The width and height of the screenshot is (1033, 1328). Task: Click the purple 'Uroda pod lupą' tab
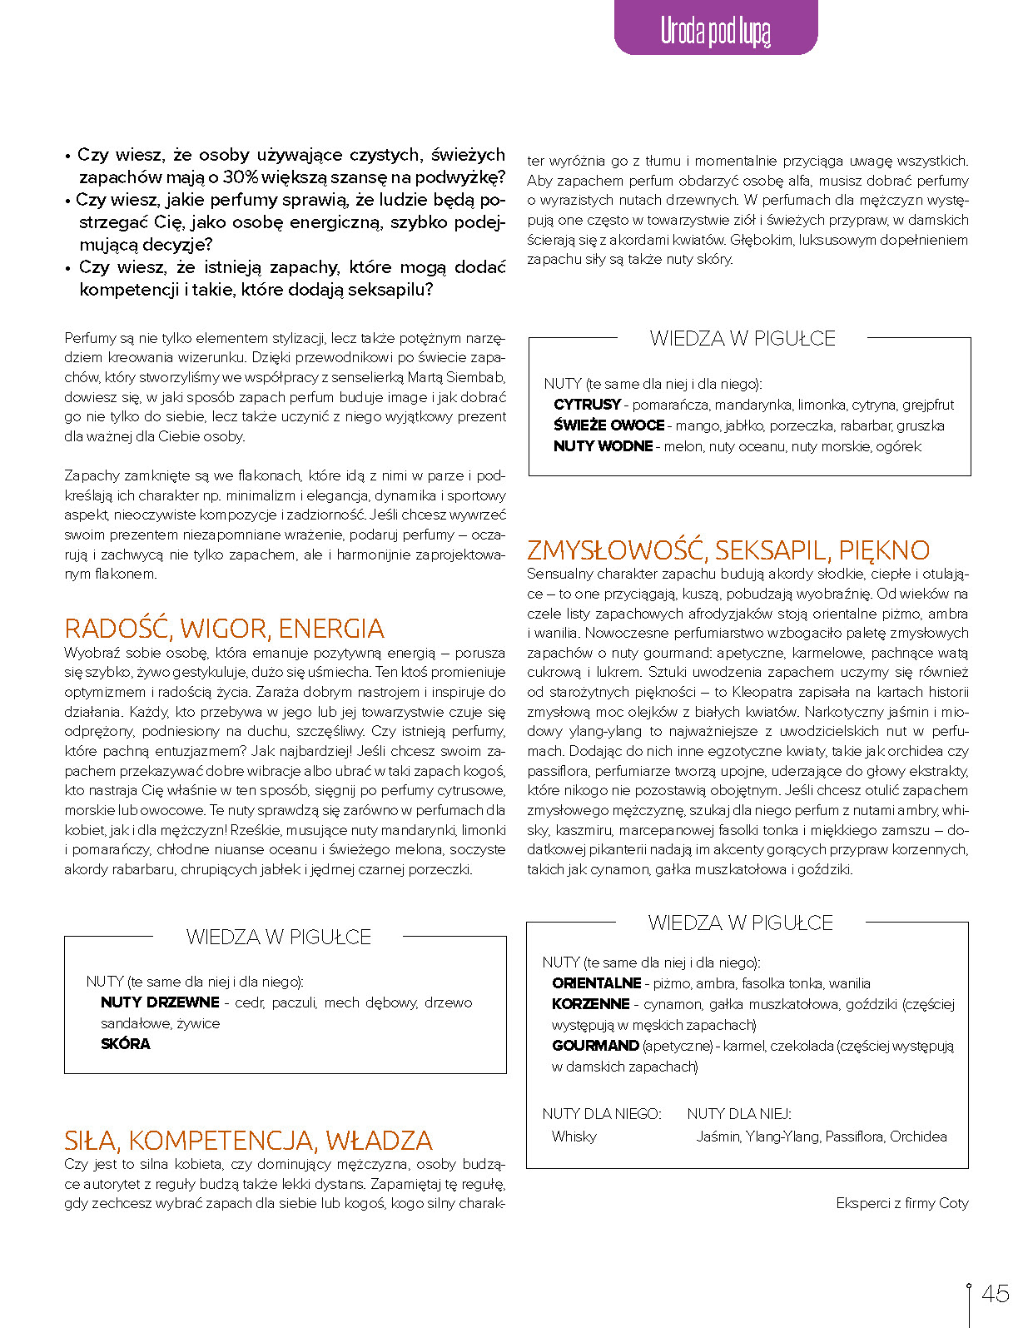click(x=715, y=30)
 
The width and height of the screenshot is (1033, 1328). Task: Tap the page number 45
click(x=996, y=1293)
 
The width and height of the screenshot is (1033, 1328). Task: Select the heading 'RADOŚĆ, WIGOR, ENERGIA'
click(x=224, y=628)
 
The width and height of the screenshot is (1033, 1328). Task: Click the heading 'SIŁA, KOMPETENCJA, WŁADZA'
click(x=248, y=1140)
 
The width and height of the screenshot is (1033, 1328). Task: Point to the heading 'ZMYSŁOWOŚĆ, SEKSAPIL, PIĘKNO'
click(x=728, y=550)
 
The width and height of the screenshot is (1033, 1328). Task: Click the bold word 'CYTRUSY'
click(x=587, y=405)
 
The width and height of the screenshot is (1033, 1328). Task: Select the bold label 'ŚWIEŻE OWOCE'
click(x=608, y=425)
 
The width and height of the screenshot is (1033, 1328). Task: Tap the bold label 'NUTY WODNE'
click(x=603, y=446)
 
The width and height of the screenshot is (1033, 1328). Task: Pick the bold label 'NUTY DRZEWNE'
click(x=160, y=1002)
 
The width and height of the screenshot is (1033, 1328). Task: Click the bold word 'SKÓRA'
click(x=126, y=1044)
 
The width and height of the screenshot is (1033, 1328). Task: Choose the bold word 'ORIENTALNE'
click(x=596, y=983)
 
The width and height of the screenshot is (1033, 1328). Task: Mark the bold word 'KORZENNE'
click(x=590, y=1004)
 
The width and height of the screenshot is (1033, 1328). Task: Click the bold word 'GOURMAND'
click(x=595, y=1046)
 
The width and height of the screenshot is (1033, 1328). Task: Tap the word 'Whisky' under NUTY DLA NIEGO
click(x=574, y=1137)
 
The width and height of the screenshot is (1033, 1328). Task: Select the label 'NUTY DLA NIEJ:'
click(x=738, y=1114)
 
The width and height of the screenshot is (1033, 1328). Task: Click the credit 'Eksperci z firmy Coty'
click(x=902, y=1203)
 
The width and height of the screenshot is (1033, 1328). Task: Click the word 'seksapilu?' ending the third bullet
click(x=390, y=290)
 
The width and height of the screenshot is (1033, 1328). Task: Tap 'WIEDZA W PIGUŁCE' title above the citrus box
click(x=742, y=338)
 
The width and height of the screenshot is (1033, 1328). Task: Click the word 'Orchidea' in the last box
click(x=918, y=1137)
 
